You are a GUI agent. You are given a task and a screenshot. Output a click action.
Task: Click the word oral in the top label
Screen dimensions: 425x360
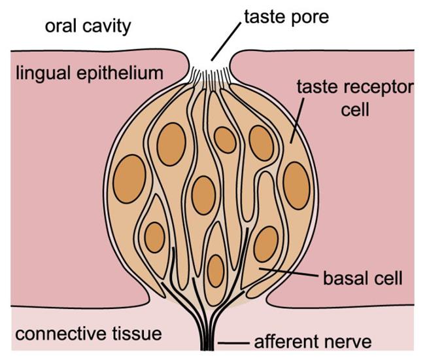click(x=61, y=26)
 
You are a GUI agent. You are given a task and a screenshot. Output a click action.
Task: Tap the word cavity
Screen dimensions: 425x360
click(x=107, y=27)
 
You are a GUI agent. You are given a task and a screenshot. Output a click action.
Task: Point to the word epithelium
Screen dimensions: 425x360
click(x=120, y=73)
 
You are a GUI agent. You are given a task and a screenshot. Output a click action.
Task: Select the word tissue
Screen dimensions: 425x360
click(x=137, y=334)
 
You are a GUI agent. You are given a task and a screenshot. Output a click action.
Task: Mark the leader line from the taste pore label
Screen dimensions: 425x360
click(x=226, y=42)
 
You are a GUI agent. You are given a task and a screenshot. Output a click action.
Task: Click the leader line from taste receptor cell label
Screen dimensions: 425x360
click(x=297, y=120)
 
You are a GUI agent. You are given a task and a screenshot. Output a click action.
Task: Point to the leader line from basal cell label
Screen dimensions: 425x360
click(x=288, y=272)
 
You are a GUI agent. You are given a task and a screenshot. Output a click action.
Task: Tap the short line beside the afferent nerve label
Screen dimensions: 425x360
click(x=233, y=344)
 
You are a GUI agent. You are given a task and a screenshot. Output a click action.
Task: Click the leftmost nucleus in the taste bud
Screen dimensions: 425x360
click(x=129, y=179)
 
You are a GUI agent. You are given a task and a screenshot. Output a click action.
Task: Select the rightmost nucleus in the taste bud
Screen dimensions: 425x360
click(x=297, y=185)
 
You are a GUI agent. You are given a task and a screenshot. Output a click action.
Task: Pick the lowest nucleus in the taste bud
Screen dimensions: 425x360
click(x=216, y=271)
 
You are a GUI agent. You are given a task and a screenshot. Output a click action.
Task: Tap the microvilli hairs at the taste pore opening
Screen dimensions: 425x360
click(x=211, y=78)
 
